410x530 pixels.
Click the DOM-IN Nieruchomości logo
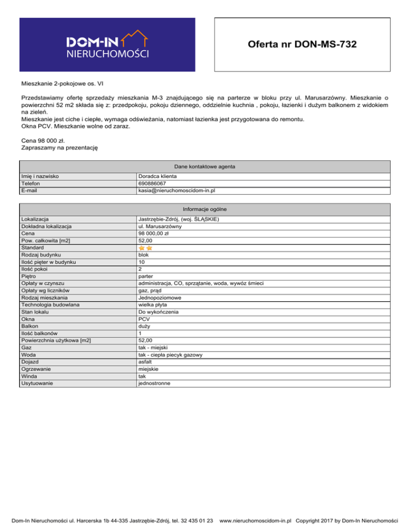tap(108, 45)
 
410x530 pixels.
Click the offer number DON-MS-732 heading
tap(302, 45)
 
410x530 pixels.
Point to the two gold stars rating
tap(146, 248)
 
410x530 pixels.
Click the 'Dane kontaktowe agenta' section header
tap(204, 166)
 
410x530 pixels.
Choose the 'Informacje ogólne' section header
tap(204, 208)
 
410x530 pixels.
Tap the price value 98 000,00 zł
tap(153, 234)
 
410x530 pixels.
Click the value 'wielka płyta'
tap(152, 305)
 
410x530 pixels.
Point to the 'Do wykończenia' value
tap(157, 312)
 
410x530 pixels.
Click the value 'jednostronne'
tap(155, 383)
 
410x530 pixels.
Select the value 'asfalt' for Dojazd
tap(146, 362)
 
